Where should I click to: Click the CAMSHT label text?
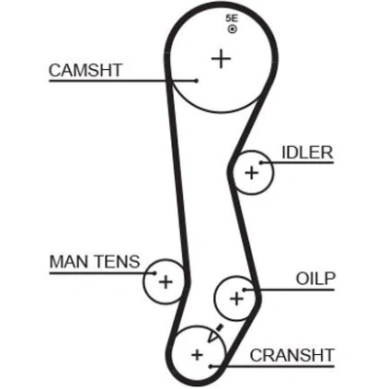(x=86, y=70)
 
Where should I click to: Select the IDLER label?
(x=307, y=153)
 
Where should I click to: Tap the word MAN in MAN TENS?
(x=67, y=262)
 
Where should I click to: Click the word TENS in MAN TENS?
(x=115, y=262)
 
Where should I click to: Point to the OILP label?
(x=316, y=278)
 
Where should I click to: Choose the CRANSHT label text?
(x=292, y=355)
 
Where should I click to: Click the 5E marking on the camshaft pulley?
(x=231, y=18)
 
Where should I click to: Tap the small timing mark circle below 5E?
(x=232, y=29)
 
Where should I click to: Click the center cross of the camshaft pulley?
(x=221, y=58)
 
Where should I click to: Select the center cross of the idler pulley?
(x=252, y=172)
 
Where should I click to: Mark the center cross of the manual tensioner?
(x=165, y=282)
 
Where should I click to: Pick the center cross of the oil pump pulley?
(x=236, y=298)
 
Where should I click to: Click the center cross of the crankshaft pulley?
(x=196, y=355)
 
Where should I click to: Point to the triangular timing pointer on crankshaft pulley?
(x=213, y=336)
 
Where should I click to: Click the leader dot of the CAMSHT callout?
(x=196, y=81)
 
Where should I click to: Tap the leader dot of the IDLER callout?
(x=261, y=162)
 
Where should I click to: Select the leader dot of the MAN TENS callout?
(x=155, y=273)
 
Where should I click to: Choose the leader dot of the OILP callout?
(x=244, y=290)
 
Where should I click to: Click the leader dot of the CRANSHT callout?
(x=211, y=367)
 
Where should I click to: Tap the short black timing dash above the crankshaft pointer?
(x=220, y=328)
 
